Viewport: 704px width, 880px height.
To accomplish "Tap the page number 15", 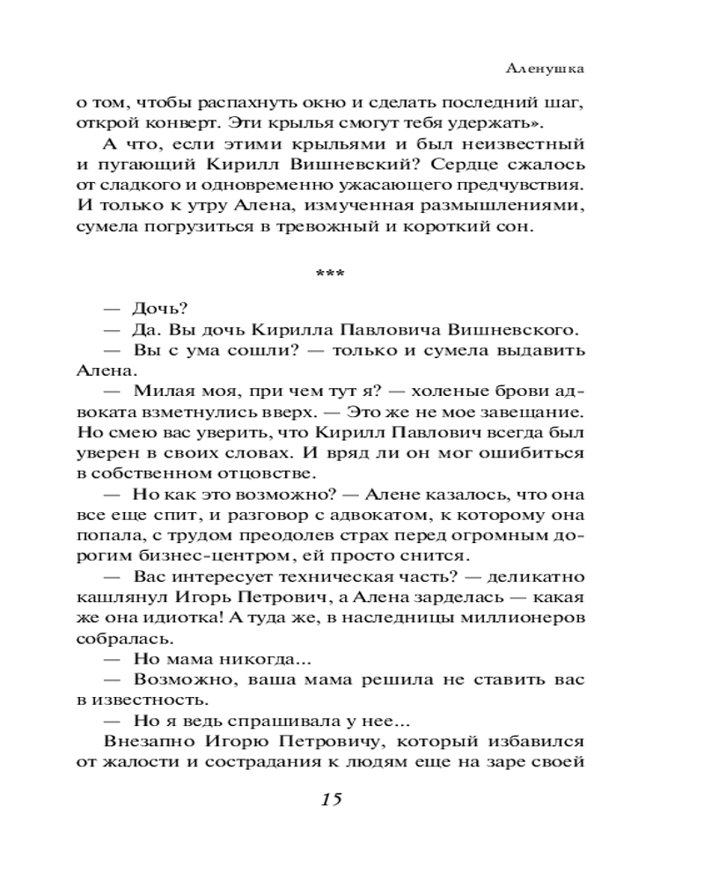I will pyautogui.click(x=332, y=799).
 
